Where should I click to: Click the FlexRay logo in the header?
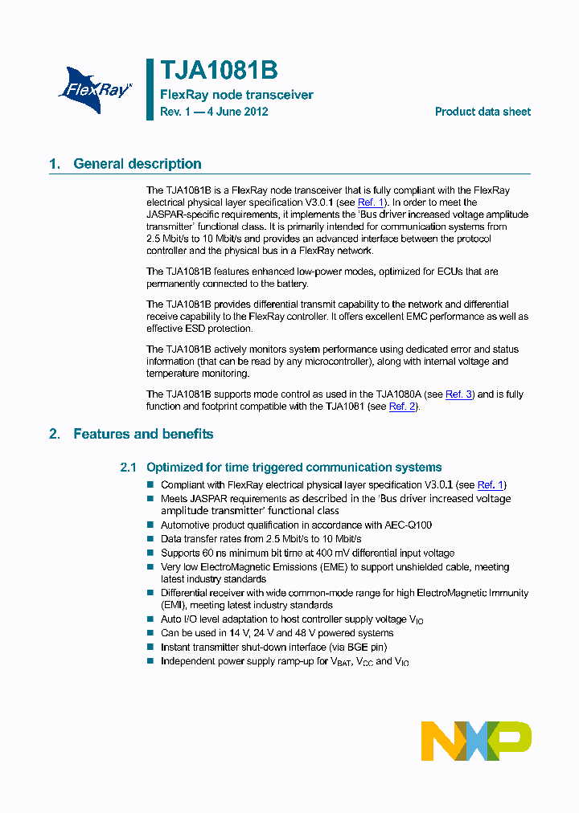pyautogui.click(x=95, y=88)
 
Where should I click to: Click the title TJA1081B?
pyautogui.click(x=219, y=71)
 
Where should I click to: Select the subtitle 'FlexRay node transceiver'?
pyautogui.click(x=236, y=95)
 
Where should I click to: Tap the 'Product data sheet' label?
pyautogui.click(x=482, y=112)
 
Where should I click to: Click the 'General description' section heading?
pyautogui.click(x=137, y=164)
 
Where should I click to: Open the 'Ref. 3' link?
pyautogui.click(x=459, y=394)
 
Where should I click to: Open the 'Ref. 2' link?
pyautogui.click(x=402, y=406)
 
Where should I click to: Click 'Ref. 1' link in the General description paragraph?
pyautogui.click(x=371, y=202)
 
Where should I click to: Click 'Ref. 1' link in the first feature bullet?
pyautogui.click(x=491, y=485)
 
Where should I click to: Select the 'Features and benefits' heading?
pyautogui.click(x=143, y=434)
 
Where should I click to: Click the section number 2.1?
pyautogui.click(x=129, y=468)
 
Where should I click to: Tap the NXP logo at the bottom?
pyautogui.click(x=476, y=741)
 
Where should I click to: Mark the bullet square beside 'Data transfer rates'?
pyautogui.click(x=150, y=539)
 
